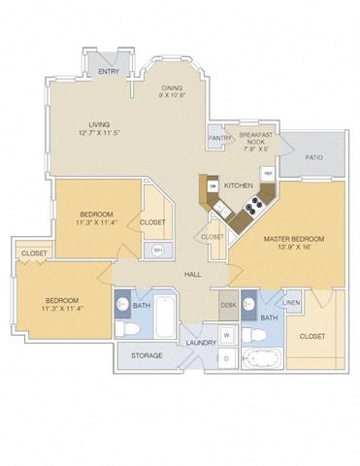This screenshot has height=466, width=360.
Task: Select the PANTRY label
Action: [218, 138]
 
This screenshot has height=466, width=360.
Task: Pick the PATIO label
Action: [313, 156]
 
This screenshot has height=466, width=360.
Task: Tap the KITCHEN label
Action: [238, 183]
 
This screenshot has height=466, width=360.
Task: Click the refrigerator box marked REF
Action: [268, 173]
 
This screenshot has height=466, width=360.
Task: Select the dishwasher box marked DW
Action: [211, 186]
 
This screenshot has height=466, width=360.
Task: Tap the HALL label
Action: [193, 273]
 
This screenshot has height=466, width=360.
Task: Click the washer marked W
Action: [227, 336]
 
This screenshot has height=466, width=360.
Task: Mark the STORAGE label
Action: [147, 355]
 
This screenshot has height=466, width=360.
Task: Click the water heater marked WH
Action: [158, 250]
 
